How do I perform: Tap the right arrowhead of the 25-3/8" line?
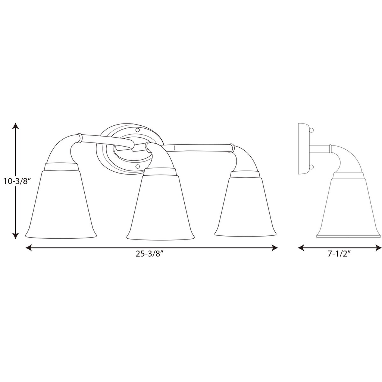275,248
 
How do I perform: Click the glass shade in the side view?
348,209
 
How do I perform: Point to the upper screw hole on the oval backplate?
137,131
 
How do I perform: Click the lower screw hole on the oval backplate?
137,166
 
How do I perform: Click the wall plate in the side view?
303,148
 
